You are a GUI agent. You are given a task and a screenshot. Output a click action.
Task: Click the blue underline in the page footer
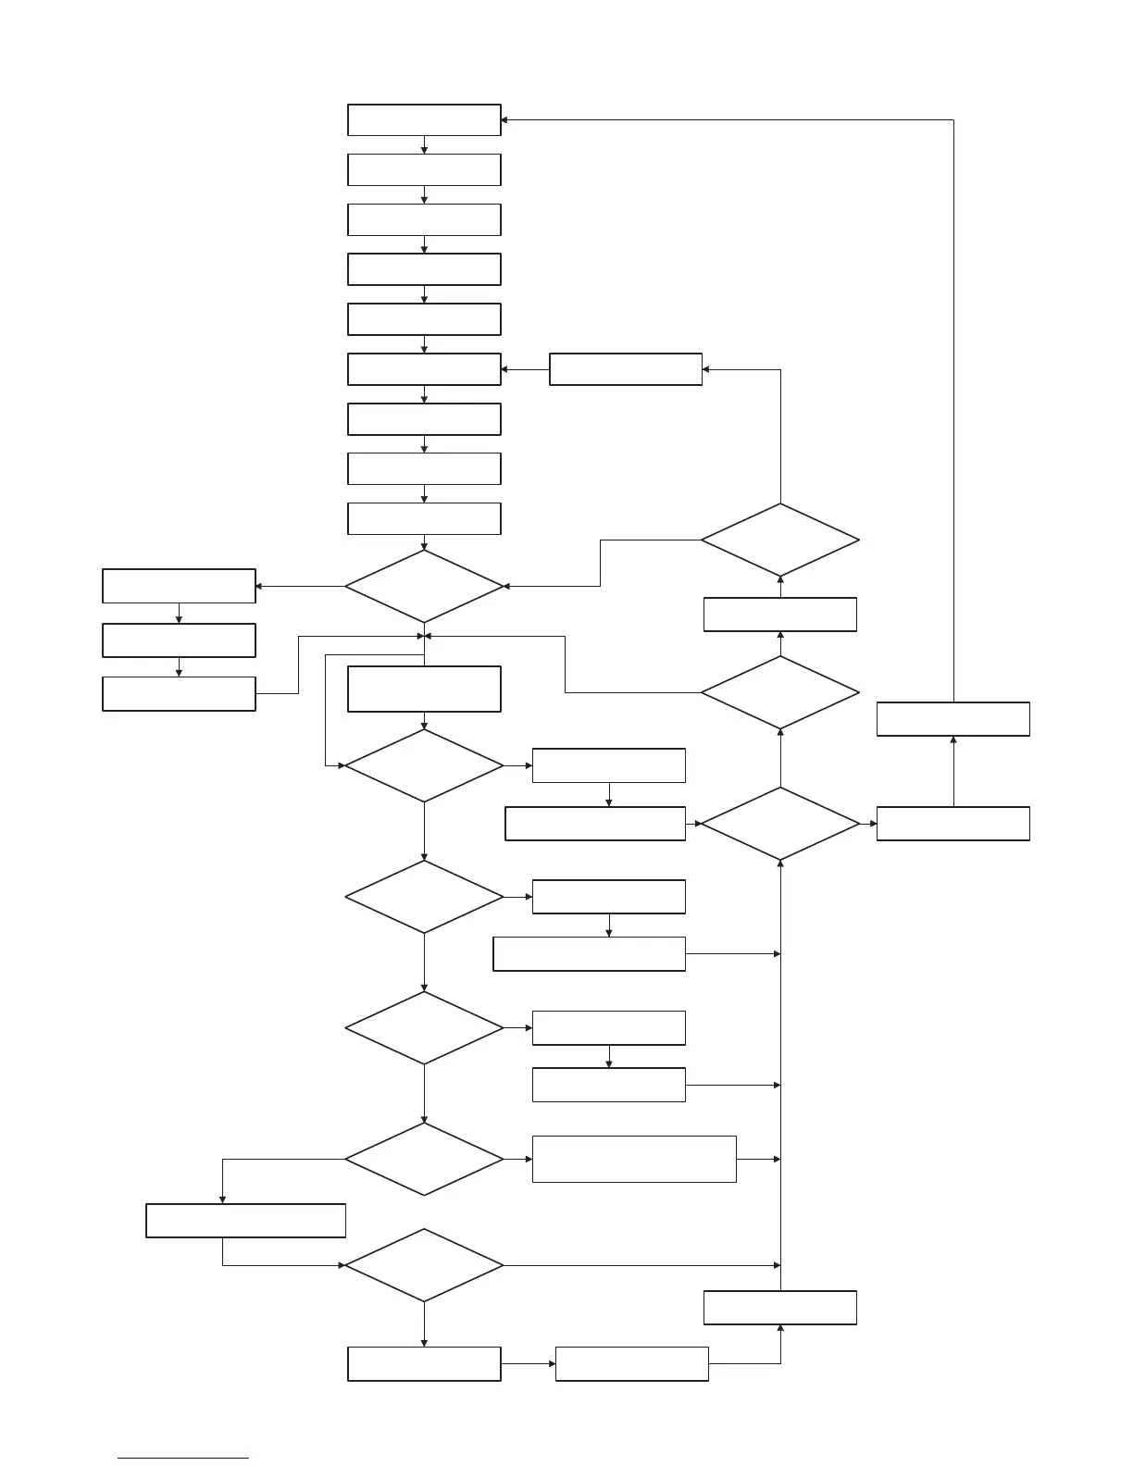pos(183,1459)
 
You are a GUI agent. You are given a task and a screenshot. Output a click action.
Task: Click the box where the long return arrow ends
pos(424,120)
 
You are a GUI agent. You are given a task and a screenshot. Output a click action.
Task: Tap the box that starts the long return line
pos(952,719)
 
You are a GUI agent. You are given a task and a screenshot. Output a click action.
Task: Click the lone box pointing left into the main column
pos(625,369)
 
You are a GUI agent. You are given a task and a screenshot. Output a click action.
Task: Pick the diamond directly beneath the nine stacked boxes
pos(424,586)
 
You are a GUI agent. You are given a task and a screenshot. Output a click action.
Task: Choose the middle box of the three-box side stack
pos(179,640)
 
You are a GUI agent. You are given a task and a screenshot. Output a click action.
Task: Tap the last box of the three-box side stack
pos(179,694)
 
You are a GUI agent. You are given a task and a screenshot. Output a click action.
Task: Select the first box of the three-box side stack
pos(179,587)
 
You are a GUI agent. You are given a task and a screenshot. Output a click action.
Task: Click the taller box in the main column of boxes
pos(424,689)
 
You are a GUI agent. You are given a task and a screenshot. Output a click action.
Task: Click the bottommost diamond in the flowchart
pos(424,1265)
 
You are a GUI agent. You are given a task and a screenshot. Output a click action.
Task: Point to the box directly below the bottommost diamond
pos(424,1364)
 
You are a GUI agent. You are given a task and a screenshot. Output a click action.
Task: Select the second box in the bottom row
pos(631,1364)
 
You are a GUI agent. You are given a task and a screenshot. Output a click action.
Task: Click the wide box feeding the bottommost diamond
pos(245,1221)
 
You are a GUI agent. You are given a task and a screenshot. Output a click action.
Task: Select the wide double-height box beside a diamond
pos(634,1159)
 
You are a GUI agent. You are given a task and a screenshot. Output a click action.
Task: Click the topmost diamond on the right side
pos(779,540)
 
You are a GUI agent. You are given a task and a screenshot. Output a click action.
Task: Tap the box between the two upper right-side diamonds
pos(779,615)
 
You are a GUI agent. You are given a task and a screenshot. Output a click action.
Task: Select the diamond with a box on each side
pos(779,824)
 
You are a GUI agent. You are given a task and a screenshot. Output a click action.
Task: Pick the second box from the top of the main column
pos(424,170)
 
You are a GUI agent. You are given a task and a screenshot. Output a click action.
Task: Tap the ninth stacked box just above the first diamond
pos(424,518)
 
